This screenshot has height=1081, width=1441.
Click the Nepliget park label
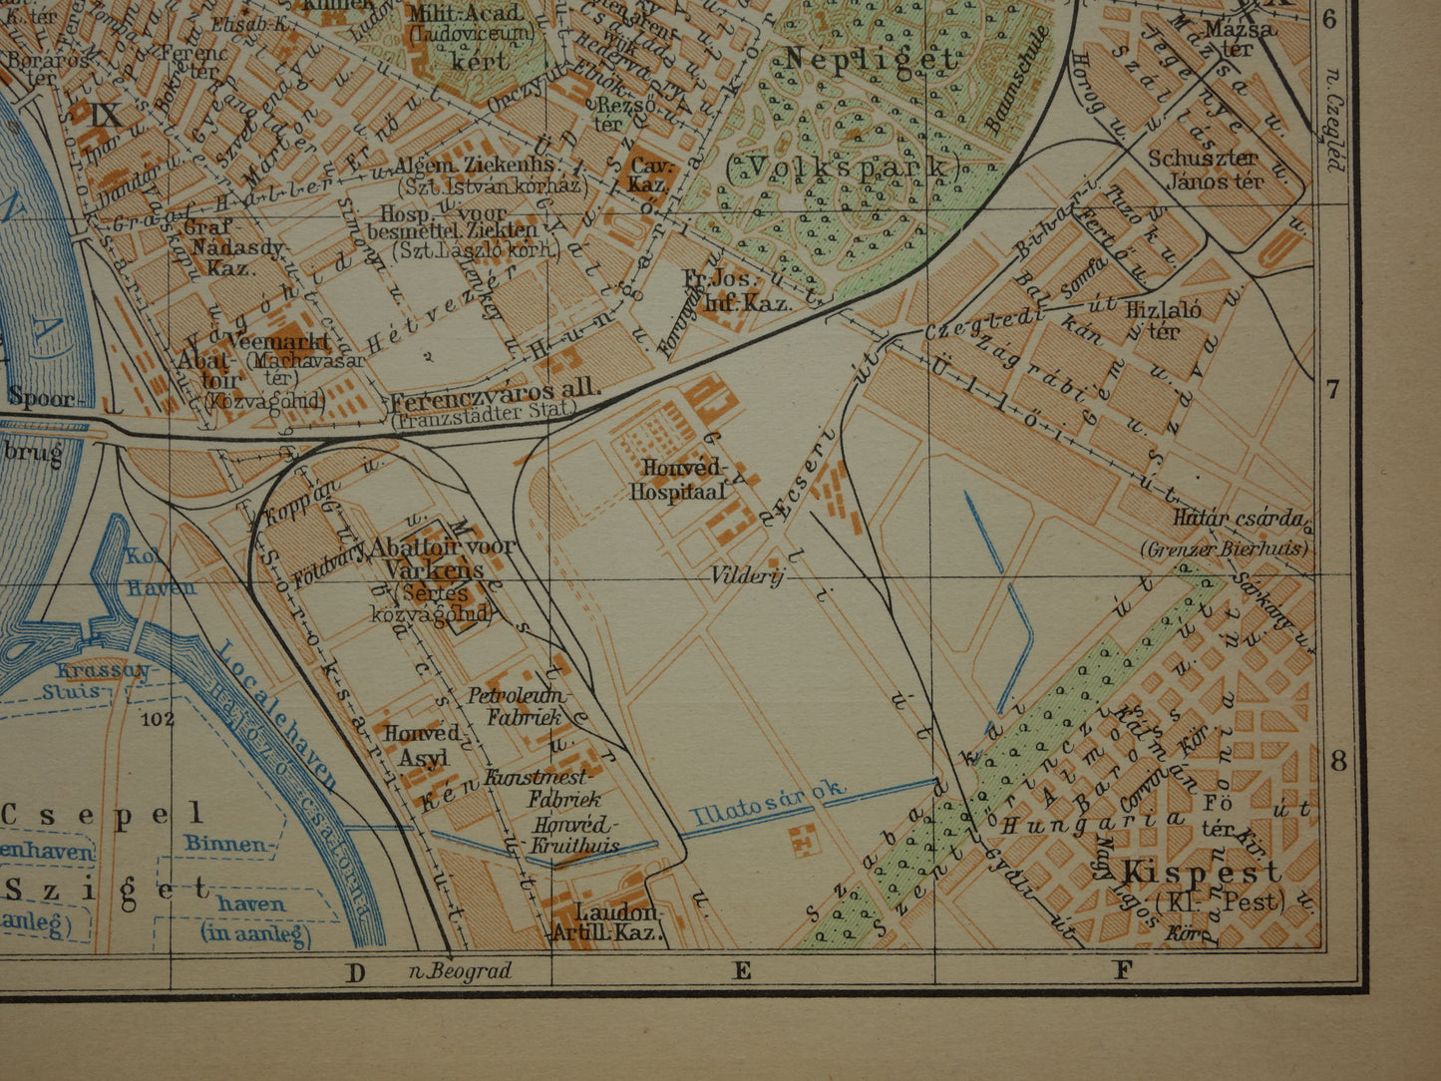coord(870,60)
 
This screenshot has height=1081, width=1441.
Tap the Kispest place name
coord(1181,872)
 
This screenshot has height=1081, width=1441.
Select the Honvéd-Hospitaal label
coord(679,480)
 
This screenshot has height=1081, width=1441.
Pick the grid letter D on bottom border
coord(356,971)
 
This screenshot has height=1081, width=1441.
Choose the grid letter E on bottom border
coord(741,970)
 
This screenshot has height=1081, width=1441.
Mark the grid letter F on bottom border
coord(1123,969)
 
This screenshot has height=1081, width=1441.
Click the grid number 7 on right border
coord(1334,390)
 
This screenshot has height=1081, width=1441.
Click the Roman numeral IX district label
coord(107,114)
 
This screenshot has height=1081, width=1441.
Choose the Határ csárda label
coord(1240,518)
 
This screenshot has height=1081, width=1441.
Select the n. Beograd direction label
coord(461,970)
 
